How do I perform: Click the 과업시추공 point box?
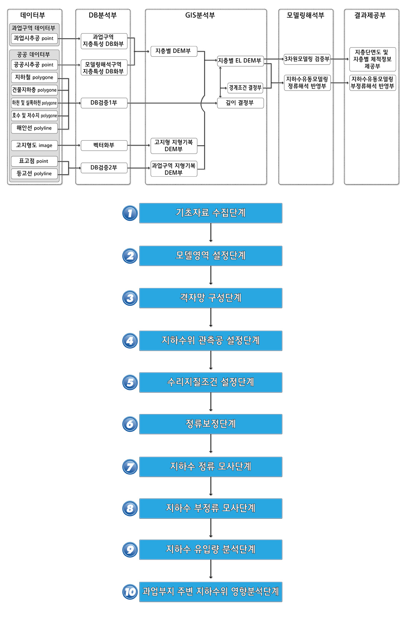34,39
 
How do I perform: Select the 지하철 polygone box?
34,77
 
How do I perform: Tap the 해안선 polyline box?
34,128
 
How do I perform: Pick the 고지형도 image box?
34,145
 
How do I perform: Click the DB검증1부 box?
104,103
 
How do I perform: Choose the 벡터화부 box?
104,145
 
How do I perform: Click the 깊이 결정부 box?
240,103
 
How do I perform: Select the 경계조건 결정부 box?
245,88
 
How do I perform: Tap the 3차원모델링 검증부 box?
307,59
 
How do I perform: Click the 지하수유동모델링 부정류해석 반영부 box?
372,83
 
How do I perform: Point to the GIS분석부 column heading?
200,15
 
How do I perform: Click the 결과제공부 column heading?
370,15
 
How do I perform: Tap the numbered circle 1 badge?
130,213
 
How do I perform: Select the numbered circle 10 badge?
130,592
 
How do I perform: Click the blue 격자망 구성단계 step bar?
211,298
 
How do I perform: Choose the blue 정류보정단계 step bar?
211,424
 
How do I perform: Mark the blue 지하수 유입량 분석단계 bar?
211,550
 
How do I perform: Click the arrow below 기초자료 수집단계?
211,233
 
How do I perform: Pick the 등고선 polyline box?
34,173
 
